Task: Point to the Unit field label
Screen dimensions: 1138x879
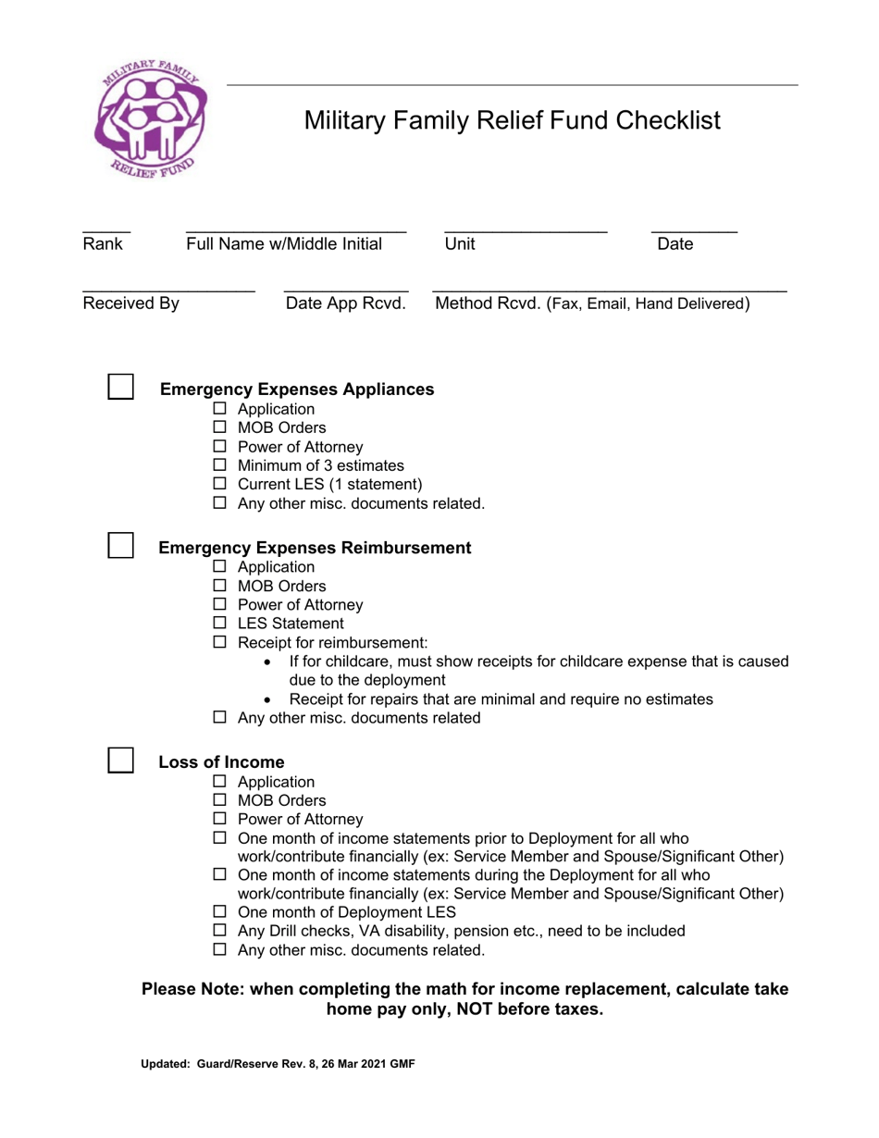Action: [460, 244]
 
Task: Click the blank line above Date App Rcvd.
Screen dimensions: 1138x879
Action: [346, 290]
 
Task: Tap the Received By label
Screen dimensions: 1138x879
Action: [131, 303]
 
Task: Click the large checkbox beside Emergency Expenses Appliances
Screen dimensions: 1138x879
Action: [121, 386]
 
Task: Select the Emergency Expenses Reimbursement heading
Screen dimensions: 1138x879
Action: [316, 548]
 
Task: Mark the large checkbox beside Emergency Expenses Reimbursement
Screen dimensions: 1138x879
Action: [121, 545]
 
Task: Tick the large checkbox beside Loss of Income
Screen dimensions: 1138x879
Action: [121, 760]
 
